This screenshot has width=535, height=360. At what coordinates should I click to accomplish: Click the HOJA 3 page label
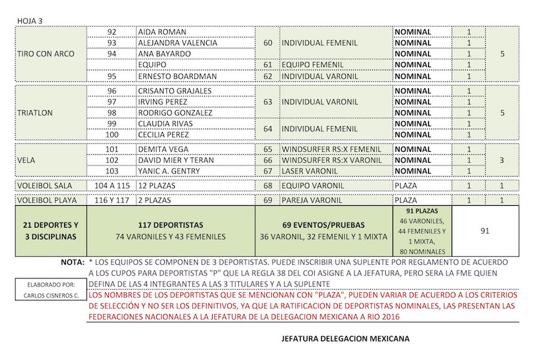click(30, 21)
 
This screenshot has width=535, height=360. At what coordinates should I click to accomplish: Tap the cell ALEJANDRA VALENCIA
click(178, 43)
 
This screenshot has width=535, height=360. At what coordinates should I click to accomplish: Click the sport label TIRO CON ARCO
click(45, 54)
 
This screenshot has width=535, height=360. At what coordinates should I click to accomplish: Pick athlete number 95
click(112, 76)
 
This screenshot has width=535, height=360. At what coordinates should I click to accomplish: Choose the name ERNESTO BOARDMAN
click(177, 76)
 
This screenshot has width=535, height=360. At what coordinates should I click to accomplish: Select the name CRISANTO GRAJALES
click(175, 91)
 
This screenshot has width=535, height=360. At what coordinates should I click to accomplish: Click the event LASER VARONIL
click(311, 171)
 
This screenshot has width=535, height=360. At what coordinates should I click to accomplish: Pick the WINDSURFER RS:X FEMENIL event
click(330, 150)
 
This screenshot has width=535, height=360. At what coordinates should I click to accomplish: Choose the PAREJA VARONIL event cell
click(312, 201)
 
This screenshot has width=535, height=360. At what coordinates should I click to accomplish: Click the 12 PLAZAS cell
click(159, 186)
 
